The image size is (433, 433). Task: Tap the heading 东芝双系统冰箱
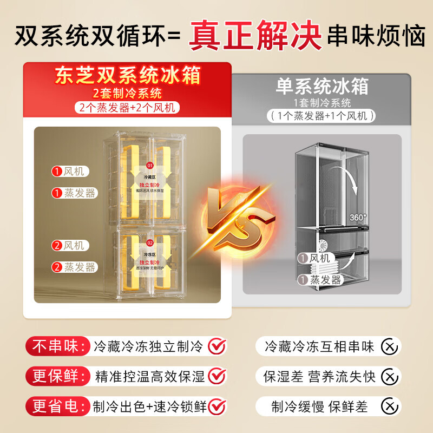pos(127,75)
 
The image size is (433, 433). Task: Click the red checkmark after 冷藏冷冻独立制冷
pos(217,345)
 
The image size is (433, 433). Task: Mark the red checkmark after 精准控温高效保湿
pos(217,375)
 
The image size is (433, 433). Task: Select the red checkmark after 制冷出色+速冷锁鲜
pos(217,405)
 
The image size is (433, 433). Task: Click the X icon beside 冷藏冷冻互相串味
pos(388,346)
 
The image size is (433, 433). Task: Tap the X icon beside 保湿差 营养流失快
pos(388,376)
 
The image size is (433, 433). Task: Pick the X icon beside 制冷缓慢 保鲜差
pos(388,405)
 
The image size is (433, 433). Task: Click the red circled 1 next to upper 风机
pos(57,172)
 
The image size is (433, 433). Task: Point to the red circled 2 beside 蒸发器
pos(57,267)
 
